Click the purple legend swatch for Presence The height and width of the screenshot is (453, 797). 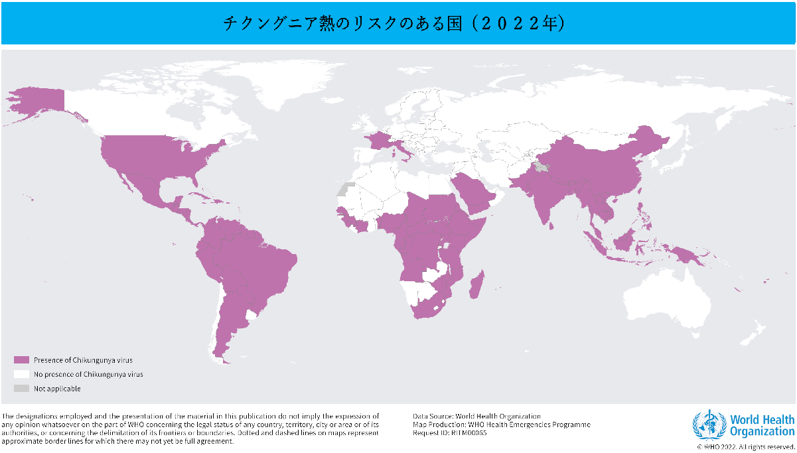[x=22, y=359]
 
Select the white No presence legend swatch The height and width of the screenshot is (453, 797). [x=22, y=374]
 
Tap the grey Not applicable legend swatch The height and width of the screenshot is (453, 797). [x=22, y=388]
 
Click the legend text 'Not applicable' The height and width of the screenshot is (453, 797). [x=57, y=389]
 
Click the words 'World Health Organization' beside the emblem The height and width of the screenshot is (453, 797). [x=762, y=425]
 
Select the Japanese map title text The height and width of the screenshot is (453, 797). [x=394, y=24]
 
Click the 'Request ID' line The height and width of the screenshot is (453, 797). [x=450, y=432]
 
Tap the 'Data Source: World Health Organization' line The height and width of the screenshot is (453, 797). [x=476, y=417]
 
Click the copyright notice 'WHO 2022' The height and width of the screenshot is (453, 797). [x=745, y=447]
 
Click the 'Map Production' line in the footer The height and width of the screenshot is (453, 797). [x=501, y=424]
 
